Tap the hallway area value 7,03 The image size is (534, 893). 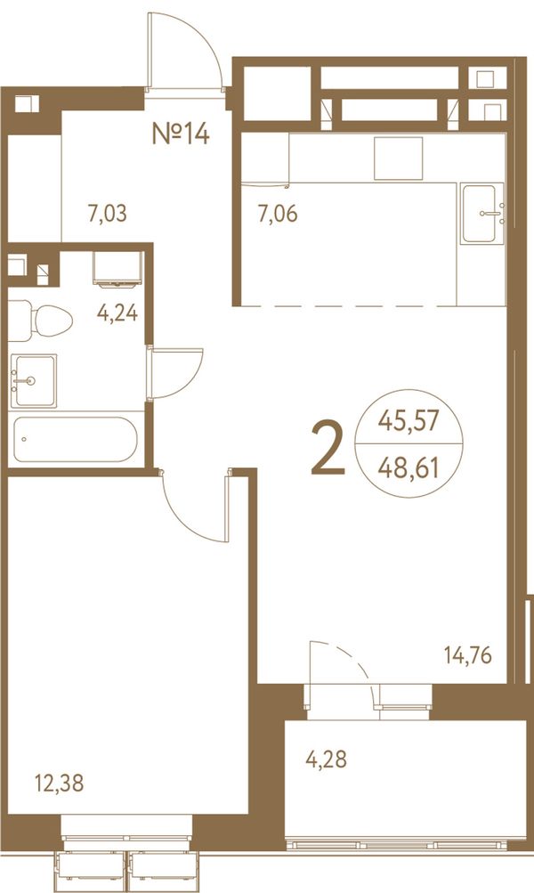[107, 215]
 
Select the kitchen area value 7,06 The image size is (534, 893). [278, 215]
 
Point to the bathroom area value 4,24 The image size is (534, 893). [117, 313]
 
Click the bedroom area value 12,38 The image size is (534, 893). [60, 783]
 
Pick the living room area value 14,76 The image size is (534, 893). [468, 655]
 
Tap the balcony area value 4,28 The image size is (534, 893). [327, 759]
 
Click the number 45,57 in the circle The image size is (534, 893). [409, 421]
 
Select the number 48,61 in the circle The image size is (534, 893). [409, 468]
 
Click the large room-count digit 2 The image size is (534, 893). [328, 450]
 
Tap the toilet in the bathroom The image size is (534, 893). [41, 321]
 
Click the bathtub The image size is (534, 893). [75, 439]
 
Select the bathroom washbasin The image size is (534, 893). [34, 380]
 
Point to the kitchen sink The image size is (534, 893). [482, 214]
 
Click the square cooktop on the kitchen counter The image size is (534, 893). [399, 158]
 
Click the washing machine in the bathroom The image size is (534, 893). [117, 268]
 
